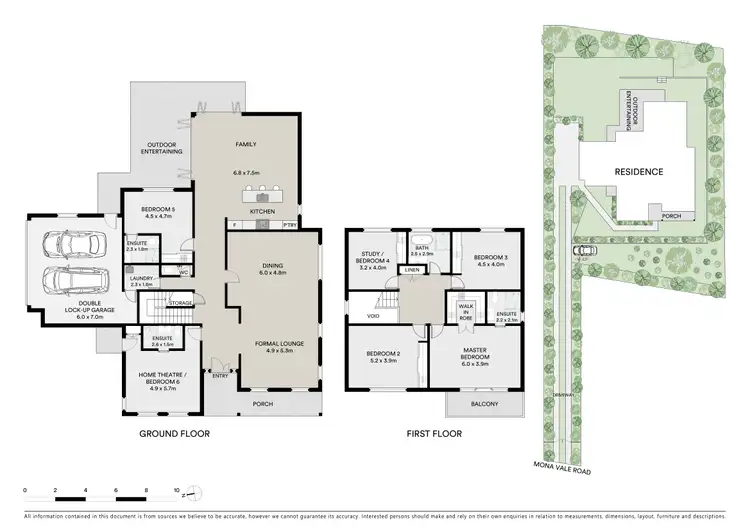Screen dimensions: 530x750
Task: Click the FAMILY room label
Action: tap(245, 143)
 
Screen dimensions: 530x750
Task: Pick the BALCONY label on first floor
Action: tap(485, 403)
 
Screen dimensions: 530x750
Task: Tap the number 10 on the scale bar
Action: tap(177, 492)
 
